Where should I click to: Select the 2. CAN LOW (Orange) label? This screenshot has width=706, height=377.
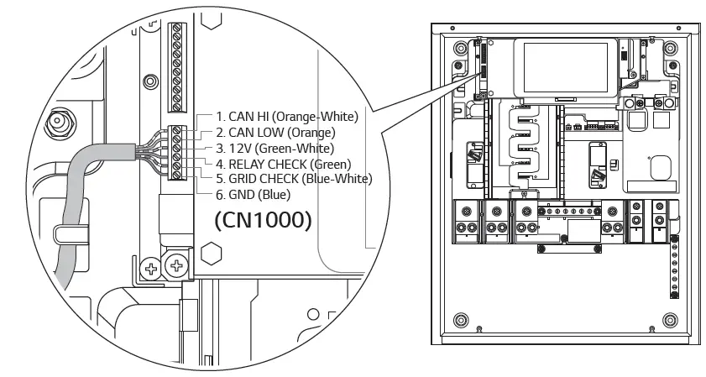pyautogui.click(x=275, y=132)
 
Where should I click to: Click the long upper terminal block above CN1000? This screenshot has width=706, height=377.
pyautogui.click(x=176, y=66)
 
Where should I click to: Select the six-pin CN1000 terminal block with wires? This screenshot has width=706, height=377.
pyautogui.click(x=176, y=152)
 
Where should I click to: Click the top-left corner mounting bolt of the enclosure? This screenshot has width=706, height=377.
pyautogui.click(x=459, y=49)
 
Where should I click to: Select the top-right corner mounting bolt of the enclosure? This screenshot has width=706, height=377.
pyautogui.click(x=670, y=49)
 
